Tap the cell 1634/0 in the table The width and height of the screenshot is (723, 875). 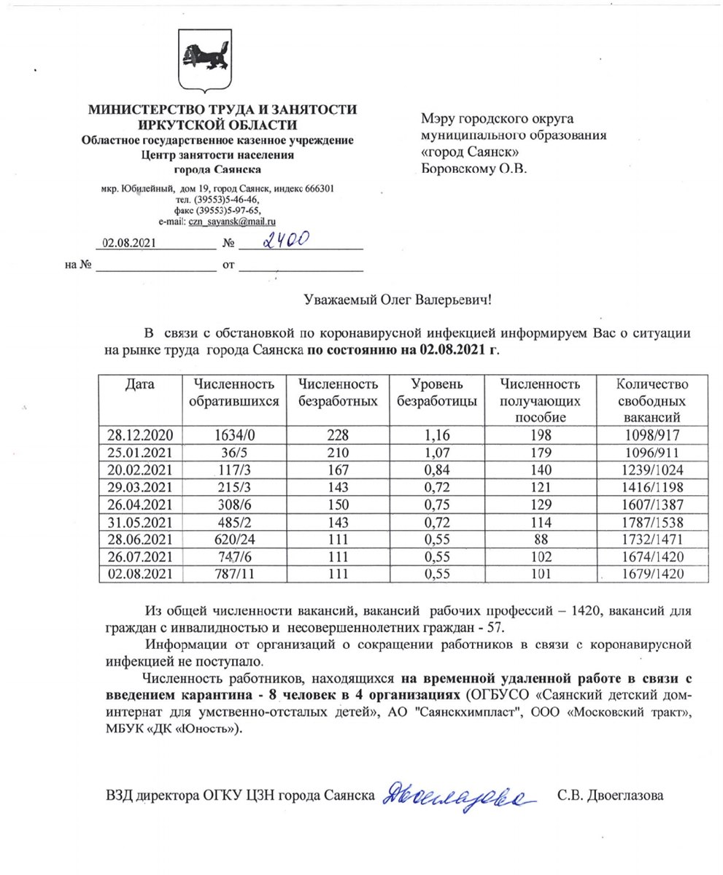[232, 435]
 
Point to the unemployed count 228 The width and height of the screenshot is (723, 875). [338, 435]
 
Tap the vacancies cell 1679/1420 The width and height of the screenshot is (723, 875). [642, 573]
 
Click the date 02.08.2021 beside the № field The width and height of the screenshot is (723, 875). [130, 244]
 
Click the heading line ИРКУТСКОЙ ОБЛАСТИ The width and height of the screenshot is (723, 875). [223, 125]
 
